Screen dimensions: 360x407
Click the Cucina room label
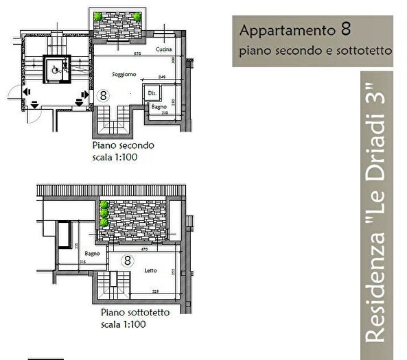click(163, 50)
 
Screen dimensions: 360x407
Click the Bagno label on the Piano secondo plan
click(159, 107)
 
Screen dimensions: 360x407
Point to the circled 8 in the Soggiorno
click(103, 95)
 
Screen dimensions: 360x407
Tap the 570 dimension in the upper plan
click(137, 53)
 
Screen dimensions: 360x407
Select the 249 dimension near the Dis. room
click(162, 77)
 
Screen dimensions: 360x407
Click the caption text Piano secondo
click(124, 145)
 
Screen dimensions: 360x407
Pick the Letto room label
click(151, 271)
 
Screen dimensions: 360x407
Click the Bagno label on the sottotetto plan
click(93, 253)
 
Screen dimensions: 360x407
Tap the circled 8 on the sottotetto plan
click(127, 261)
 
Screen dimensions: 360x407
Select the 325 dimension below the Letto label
click(156, 291)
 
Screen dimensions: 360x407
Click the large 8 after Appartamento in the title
click(346, 30)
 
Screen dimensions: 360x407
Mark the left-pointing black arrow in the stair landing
click(26, 91)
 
